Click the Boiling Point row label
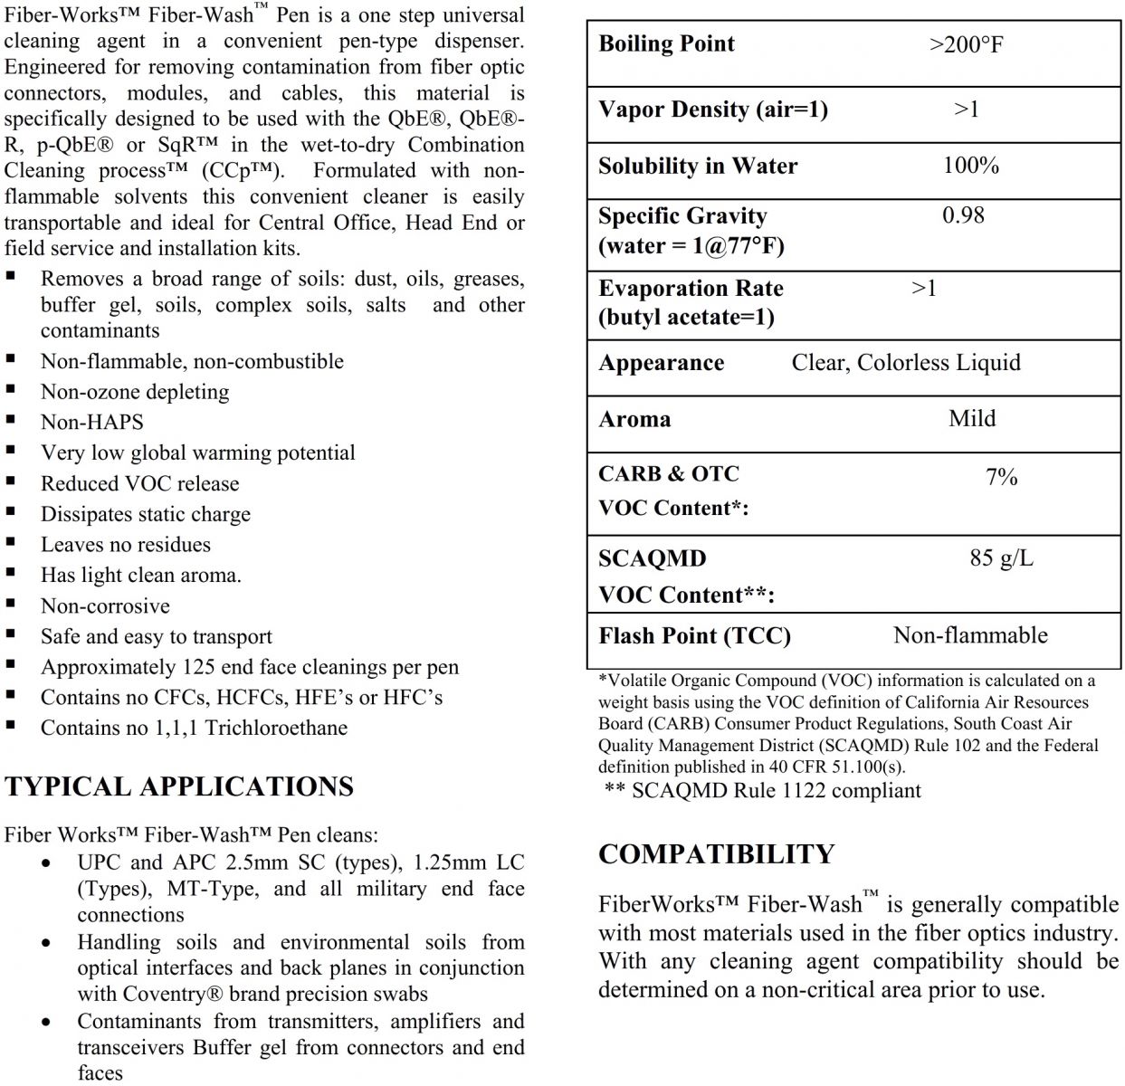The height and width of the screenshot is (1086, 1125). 666,43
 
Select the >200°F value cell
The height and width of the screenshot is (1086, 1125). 966,44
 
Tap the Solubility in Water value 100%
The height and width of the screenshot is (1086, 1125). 970,166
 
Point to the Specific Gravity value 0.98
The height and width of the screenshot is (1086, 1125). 963,215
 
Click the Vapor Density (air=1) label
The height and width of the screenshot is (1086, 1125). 713,110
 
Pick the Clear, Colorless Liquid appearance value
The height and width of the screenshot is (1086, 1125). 906,363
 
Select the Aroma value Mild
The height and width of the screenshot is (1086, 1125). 972,418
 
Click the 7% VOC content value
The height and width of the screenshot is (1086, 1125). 1001,477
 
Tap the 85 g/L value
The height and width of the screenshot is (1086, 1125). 1001,557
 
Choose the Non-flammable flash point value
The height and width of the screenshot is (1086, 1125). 970,635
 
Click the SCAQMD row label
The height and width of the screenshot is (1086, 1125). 652,558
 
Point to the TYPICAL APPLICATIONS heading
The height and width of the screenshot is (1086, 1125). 178,786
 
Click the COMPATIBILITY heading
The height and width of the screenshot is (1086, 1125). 716,854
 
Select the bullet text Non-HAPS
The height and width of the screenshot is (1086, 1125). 91,423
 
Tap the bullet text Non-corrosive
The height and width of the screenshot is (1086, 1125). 105,606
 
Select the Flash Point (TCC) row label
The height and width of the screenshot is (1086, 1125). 694,636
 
